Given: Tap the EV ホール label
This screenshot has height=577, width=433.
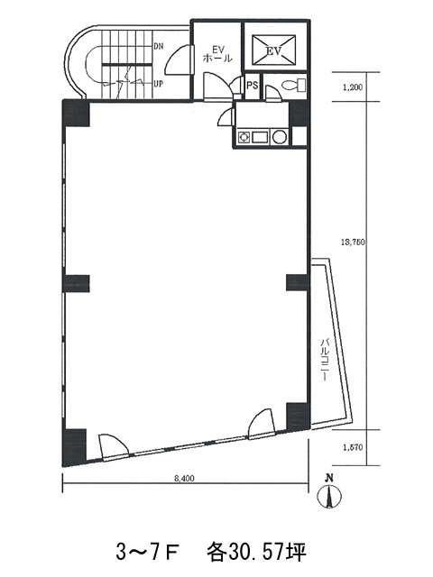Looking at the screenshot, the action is (x=217, y=53).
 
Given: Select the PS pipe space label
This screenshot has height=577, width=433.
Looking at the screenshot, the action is (x=253, y=86).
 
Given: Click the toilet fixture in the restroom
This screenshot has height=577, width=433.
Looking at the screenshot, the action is (x=293, y=85).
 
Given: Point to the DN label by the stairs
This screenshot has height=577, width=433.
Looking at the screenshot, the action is (x=159, y=46).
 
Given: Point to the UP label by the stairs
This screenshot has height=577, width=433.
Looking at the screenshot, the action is (x=159, y=84).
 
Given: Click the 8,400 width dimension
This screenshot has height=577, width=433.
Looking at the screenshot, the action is (x=184, y=479).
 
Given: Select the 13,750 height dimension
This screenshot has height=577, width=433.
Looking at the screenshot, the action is (x=353, y=242).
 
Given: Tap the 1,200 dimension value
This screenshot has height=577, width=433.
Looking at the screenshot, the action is (x=353, y=87).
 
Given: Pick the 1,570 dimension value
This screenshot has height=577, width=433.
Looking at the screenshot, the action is (x=353, y=447).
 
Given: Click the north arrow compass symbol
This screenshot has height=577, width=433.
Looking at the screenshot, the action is (x=330, y=493).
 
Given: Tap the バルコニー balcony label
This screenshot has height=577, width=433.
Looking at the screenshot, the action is (x=325, y=359).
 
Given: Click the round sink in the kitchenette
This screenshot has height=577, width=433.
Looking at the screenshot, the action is (x=280, y=137).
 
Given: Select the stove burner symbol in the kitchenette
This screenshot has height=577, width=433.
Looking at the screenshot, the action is (x=244, y=137).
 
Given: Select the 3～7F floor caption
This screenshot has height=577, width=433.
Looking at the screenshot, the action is (x=148, y=553).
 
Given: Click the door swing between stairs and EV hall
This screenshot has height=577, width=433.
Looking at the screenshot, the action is (x=179, y=59).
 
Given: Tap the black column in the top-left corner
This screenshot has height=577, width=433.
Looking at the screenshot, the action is (x=77, y=114).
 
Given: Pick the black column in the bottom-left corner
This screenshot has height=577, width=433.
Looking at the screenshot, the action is (x=74, y=447).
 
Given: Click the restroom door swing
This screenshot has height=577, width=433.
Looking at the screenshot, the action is (x=272, y=93).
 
